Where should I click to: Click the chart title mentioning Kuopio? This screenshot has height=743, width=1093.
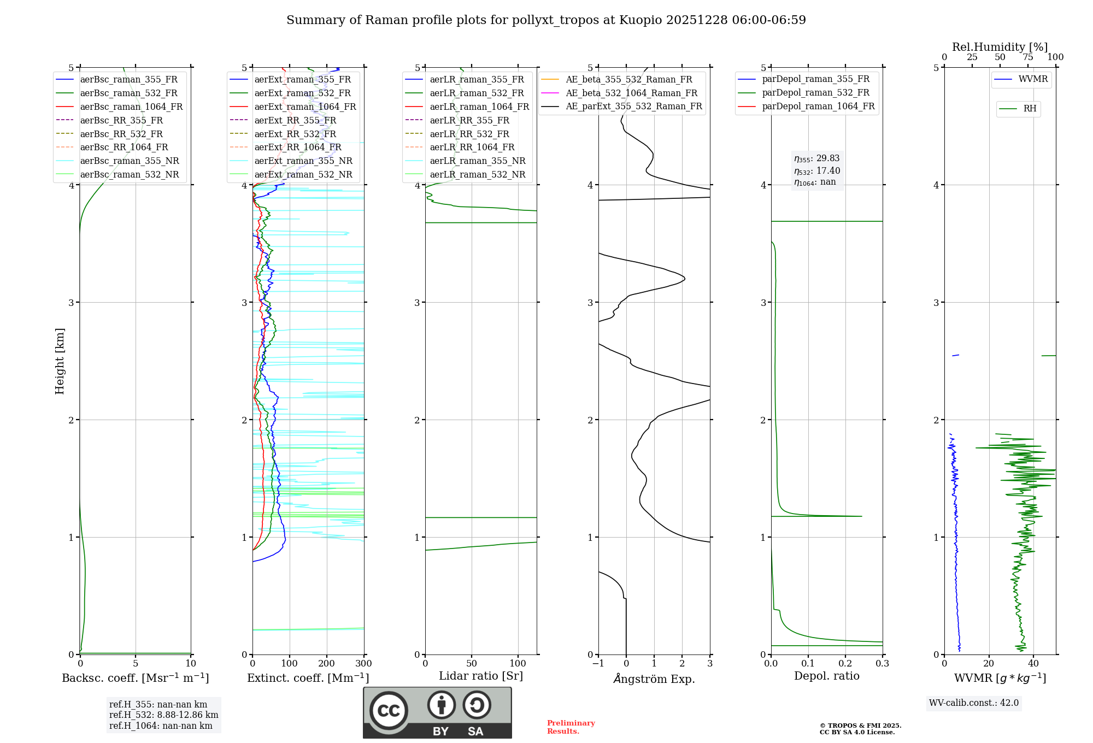pyautogui.click(x=546, y=20)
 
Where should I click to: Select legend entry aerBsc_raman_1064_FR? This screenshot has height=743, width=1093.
pyautogui.click(x=131, y=107)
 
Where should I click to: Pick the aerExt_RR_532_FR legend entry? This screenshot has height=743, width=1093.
pyautogui.click(x=295, y=134)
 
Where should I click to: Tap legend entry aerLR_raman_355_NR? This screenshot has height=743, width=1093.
pyautogui.click(x=477, y=161)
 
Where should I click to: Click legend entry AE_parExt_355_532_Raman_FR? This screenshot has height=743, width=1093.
pyautogui.click(x=633, y=106)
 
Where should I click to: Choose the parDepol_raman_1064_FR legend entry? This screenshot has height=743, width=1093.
pyautogui.click(x=818, y=106)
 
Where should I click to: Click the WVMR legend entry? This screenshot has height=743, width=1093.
pyautogui.click(x=1033, y=79)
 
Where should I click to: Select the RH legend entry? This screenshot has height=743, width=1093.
pyautogui.click(x=1030, y=109)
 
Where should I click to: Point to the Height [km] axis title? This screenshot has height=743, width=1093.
pyautogui.click(x=60, y=361)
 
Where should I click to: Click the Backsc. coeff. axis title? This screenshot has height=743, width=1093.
pyautogui.click(x=136, y=678)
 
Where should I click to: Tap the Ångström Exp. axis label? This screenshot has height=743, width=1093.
pyautogui.click(x=654, y=679)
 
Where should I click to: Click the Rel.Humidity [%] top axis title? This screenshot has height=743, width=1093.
pyautogui.click(x=1000, y=47)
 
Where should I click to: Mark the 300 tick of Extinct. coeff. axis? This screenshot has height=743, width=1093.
pyautogui.click(x=364, y=664)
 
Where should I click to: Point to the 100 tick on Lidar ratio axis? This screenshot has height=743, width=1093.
pyautogui.click(x=518, y=664)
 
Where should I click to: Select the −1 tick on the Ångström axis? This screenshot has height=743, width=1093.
pyautogui.click(x=598, y=664)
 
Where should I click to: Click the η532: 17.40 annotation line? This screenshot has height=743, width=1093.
pyautogui.click(x=817, y=171)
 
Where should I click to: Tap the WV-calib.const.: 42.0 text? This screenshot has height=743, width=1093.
pyautogui.click(x=974, y=703)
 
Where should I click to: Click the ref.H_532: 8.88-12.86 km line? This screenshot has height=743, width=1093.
pyautogui.click(x=163, y=715)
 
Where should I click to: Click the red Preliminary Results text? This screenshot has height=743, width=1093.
pyautogui.click(x=571, y=727)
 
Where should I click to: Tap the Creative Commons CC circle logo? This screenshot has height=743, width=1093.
pyautogui.click(x=389, y=710)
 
